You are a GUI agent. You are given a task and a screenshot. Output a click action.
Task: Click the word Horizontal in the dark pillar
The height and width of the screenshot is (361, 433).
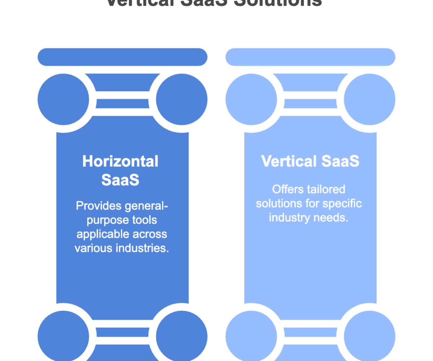120,161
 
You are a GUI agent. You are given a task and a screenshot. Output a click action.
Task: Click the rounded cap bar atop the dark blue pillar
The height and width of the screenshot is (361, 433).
123,57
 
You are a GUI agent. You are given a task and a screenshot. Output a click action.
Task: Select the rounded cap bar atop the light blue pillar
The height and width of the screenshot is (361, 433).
310,57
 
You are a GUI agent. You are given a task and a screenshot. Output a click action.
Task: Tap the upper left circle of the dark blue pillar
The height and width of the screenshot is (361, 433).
64,99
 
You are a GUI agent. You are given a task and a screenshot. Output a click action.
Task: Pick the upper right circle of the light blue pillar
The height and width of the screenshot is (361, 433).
369,99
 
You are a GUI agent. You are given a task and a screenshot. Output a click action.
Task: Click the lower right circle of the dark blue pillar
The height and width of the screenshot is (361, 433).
181,336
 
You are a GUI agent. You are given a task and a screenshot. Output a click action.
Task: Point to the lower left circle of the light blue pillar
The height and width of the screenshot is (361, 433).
251,336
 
